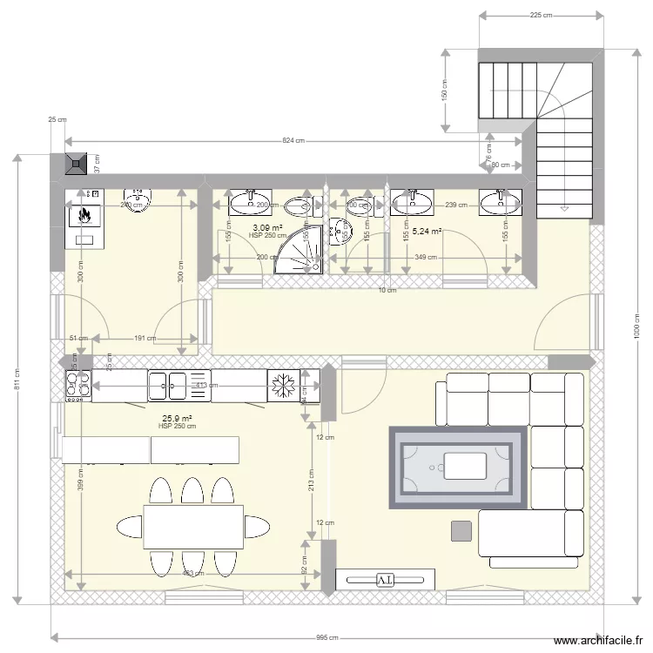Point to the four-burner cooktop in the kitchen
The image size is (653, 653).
pyautogui.click(x=77, y=385)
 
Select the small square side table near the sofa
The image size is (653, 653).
pyautogui.click(x=462, y=530)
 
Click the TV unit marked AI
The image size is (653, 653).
pyautogui.click(x=385, y=579)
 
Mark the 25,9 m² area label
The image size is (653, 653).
pyautogui.click(x=177, y=418)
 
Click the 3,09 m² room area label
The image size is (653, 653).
pyautogui.click(x=266, y=227)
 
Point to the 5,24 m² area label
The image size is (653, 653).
pyautogui.click(x=427, y=232)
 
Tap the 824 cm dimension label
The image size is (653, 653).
pyautogui.click(x=293, y=141)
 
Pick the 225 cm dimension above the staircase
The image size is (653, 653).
pyautogui.click(x=541, y=16)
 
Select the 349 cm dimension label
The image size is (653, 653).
pyautogui.click(x=427, y=258)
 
